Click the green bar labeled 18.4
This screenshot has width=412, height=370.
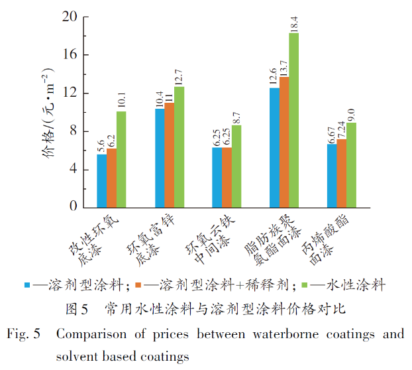293,120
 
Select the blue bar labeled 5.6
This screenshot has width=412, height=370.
101,180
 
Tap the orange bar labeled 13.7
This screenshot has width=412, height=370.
284,142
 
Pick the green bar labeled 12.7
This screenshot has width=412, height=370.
179,147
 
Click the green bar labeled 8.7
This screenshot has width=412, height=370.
236,166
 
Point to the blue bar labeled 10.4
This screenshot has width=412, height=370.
160,158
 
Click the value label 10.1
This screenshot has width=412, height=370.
121,99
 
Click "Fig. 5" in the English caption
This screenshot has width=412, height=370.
24,333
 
